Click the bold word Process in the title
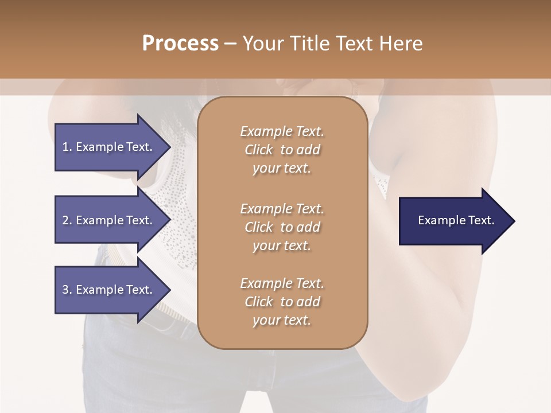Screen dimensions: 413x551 [180, 43]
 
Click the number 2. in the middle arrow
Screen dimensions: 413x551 [67, 220]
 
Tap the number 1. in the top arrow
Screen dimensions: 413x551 [67, 147]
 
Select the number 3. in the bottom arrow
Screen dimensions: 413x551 [67, 290]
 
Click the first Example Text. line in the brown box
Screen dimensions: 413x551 [282, 131]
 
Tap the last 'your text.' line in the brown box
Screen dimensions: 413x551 [282, 320]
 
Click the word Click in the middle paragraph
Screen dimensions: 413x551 [258, 227]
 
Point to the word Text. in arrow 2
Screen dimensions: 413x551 [139, 220]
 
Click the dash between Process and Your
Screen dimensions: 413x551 [230, 43]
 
